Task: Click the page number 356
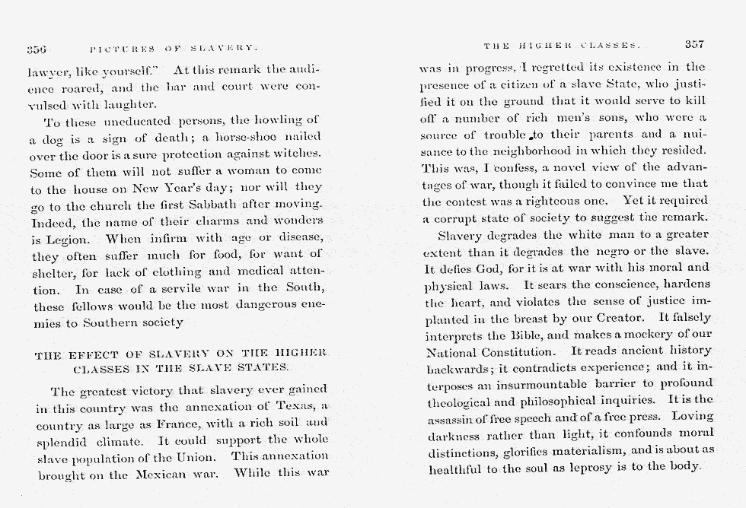pyautogui.click(x=37, y=49)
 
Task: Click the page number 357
pyautogui.click(x=696, y=45)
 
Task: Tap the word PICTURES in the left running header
pyautogui.click(x=114, y=49)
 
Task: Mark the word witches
pyautogui.click(x=299, y=154)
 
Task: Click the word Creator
pyautogui.click(x=622, y=318)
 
